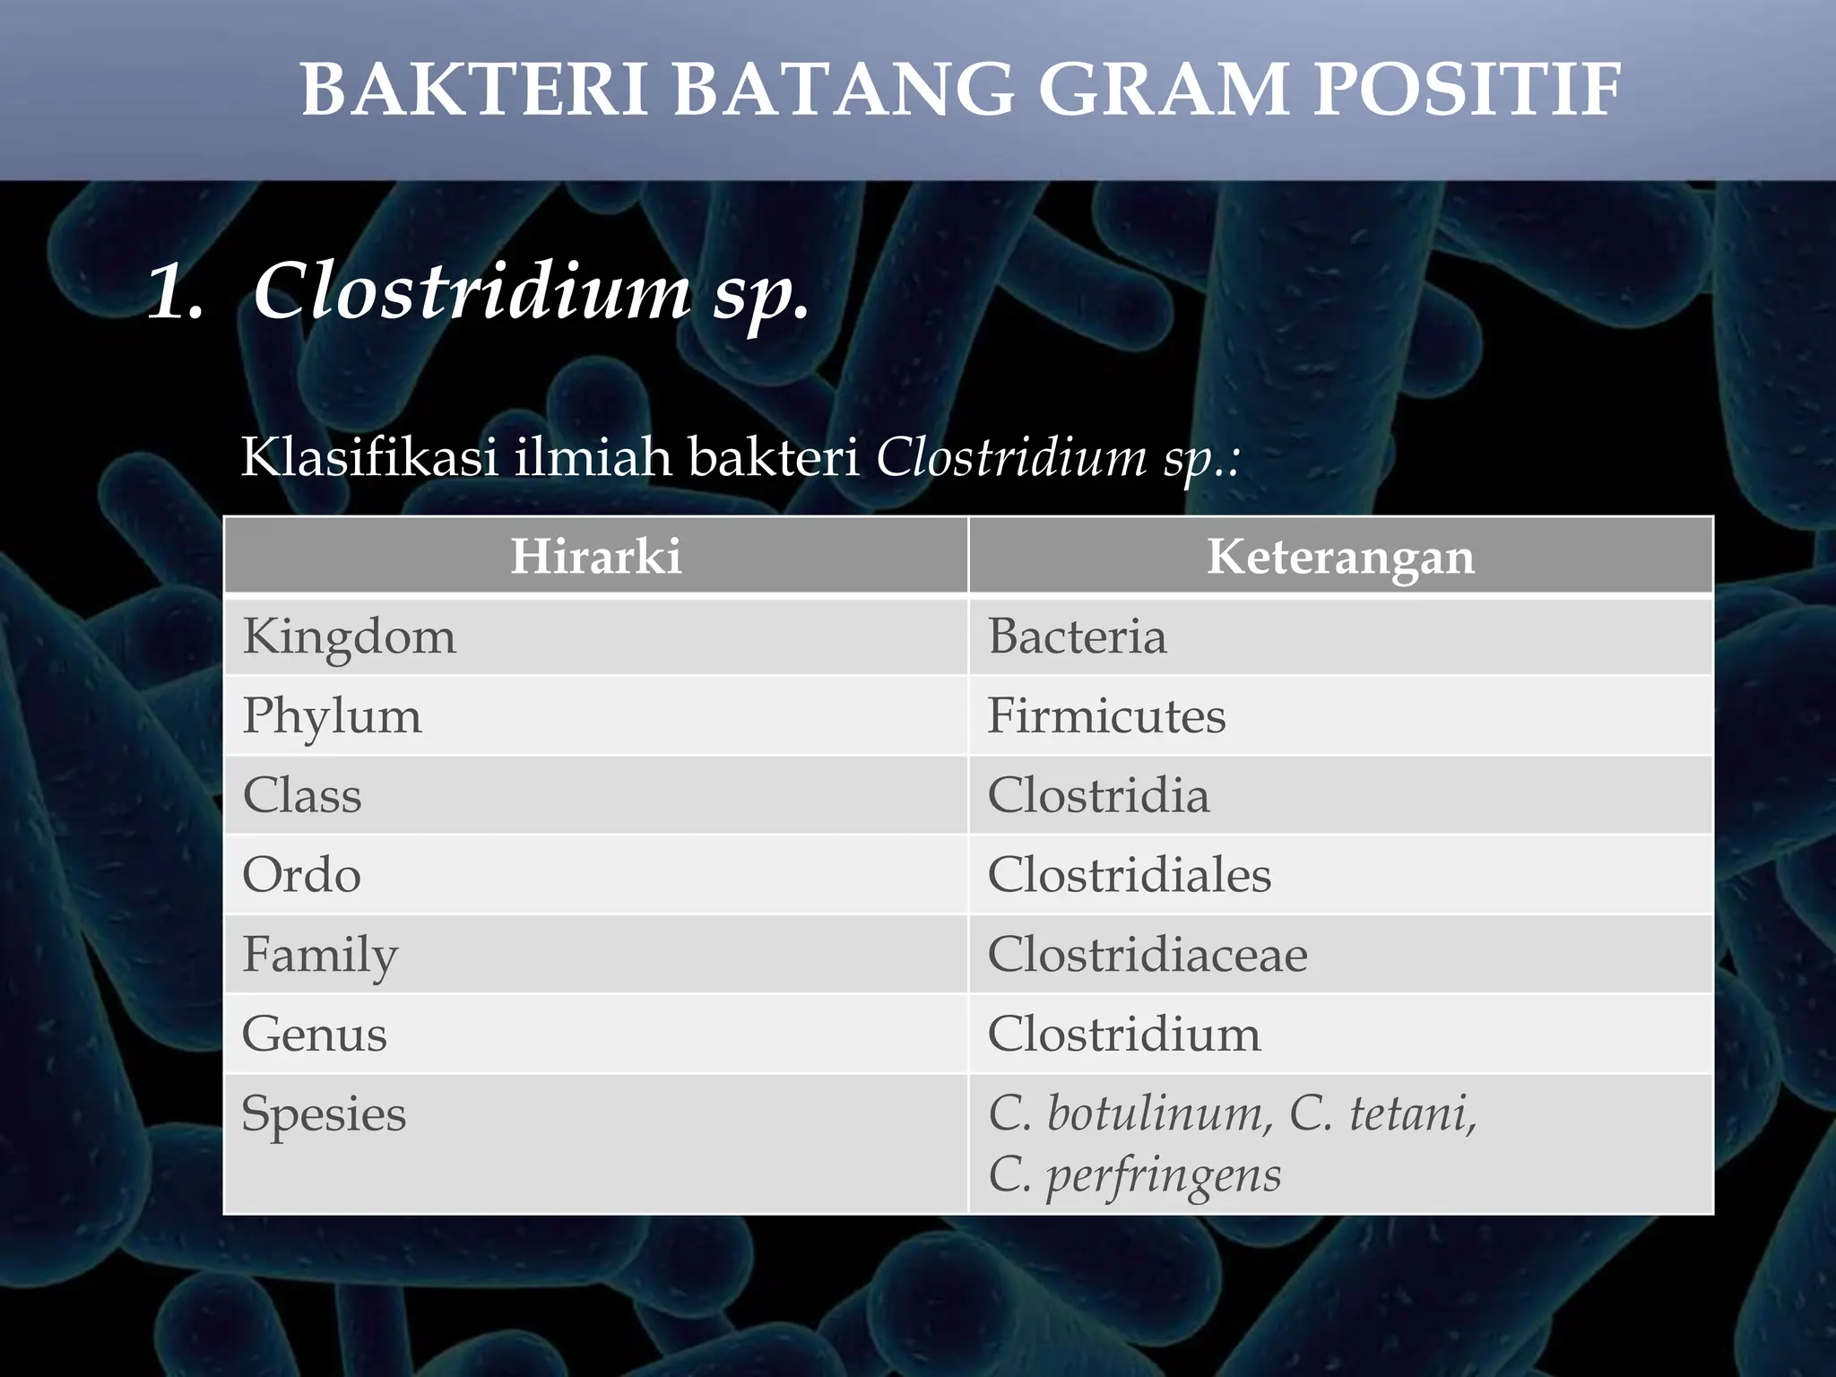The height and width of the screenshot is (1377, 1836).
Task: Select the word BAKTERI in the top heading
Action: coord(473,90)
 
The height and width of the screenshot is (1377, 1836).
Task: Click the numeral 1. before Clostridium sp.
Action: coord(176,292)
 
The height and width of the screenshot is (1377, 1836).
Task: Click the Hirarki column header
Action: coord(596,556)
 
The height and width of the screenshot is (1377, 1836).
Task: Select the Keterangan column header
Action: coord(1340,556)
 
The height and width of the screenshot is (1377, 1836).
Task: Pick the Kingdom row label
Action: coord(349,637)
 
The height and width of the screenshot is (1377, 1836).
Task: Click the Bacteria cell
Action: coord(1077,637)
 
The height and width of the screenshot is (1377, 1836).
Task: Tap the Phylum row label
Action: coord(332,716)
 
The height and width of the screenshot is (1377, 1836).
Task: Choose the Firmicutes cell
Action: coord(1106,716)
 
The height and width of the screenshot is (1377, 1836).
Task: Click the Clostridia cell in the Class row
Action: coord(1098,796)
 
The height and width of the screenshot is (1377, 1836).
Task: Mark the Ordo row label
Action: coord(301,875)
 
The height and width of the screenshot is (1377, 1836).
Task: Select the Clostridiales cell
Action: coord(1129,875)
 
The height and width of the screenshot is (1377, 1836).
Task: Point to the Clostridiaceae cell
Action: coord(1147,955)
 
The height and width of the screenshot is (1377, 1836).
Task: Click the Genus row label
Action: coord(314,1035)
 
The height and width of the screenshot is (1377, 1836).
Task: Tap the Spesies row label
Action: coord(324,1114)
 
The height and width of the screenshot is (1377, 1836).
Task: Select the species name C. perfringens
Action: coord(1134,1175)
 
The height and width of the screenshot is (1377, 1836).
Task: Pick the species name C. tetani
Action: coord(1382,1114)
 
